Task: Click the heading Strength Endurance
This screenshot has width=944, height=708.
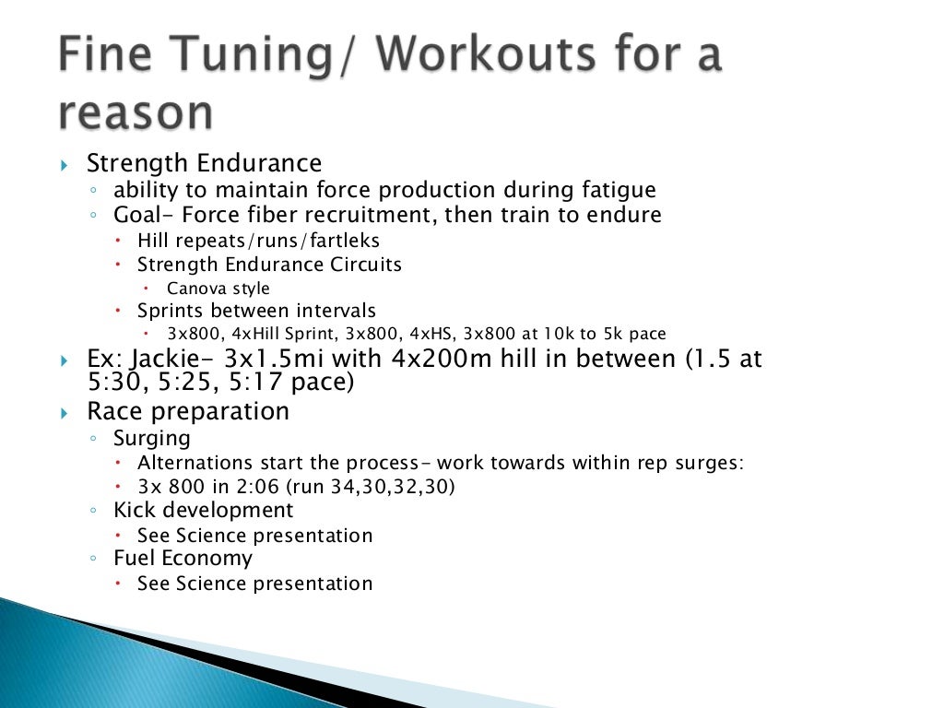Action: tap(204, 163)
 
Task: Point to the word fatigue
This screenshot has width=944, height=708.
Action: tap(609, 191)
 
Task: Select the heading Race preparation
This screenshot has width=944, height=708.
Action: tap(187, 411)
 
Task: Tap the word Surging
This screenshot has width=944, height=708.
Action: tap(151, 438)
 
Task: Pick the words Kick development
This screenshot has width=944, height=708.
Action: tap(203, 510)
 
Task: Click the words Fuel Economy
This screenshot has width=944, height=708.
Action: tap(183, 559)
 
